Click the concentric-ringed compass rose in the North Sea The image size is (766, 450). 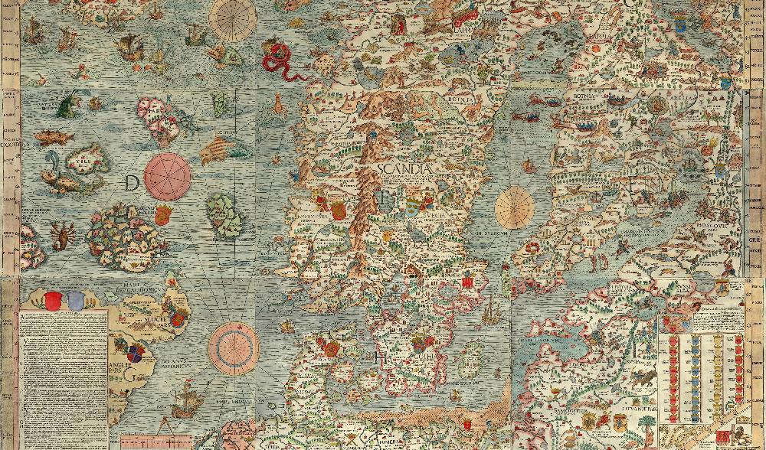232,347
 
